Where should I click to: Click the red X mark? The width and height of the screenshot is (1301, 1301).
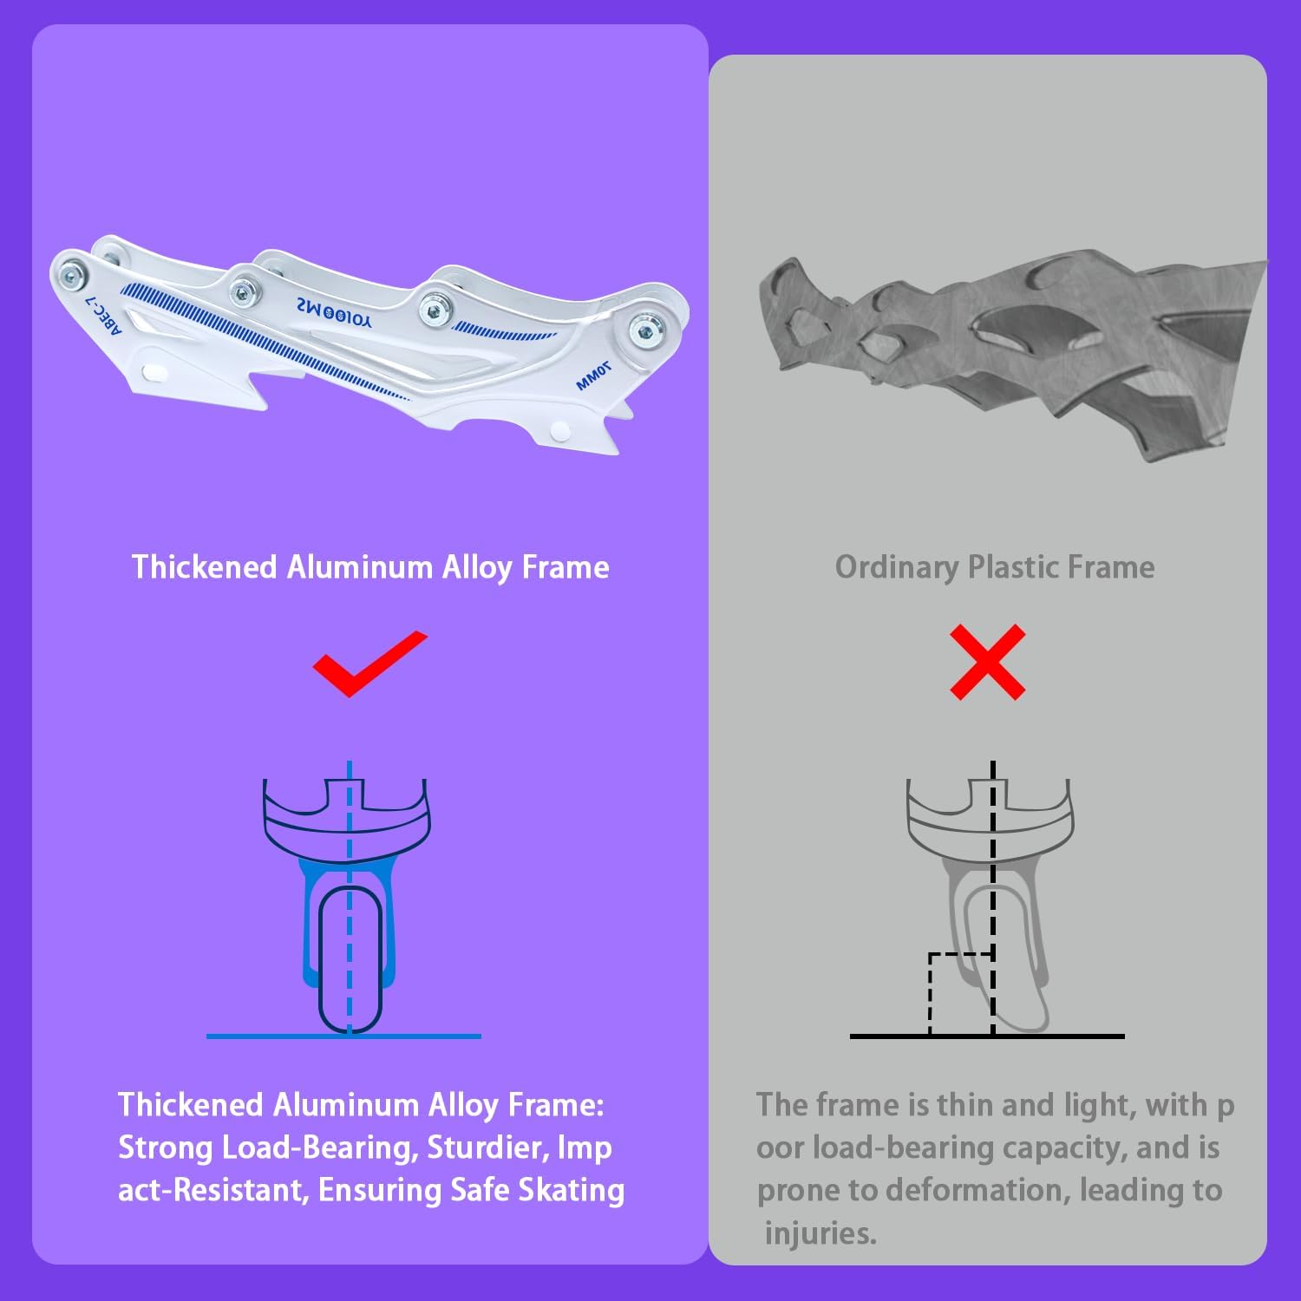pos(988,662)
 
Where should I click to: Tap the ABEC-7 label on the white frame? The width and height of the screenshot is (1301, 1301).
pos(105,312)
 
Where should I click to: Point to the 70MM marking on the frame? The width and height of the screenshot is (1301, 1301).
pos(593,376)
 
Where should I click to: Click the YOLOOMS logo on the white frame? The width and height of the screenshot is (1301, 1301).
pos(333,312)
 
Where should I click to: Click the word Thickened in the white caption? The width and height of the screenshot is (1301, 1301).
pos(205,567)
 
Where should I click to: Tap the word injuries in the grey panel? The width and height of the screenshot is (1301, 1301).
pos(820,1233)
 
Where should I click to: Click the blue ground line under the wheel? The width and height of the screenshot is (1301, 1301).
pos(343,1036)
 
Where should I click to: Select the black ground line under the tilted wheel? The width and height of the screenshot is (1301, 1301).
pos(987,1036)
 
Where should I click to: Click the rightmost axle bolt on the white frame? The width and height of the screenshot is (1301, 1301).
pos(645,330)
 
